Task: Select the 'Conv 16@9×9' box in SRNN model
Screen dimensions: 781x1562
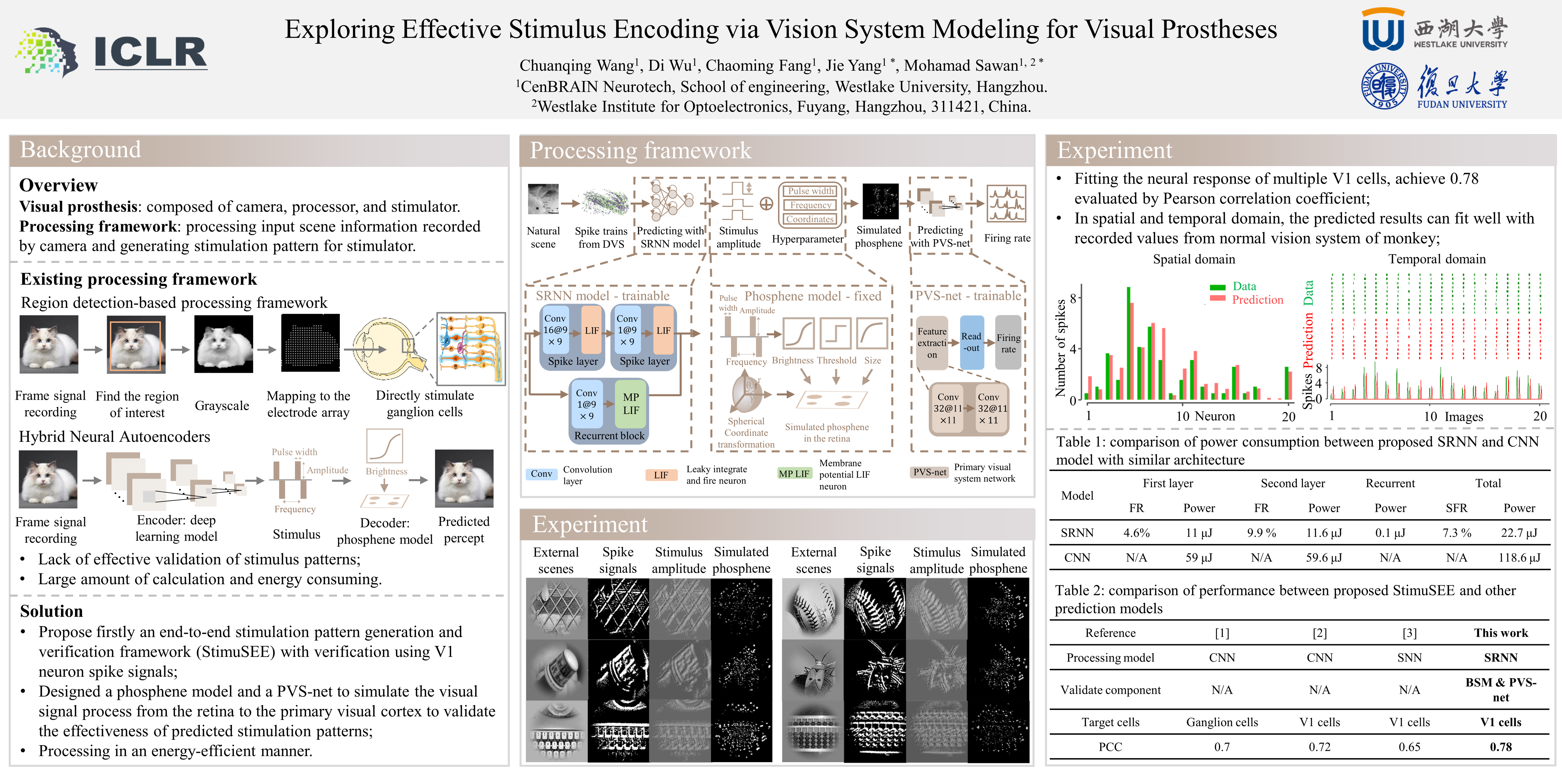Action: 555,330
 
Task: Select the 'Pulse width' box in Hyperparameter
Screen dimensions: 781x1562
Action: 811,191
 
